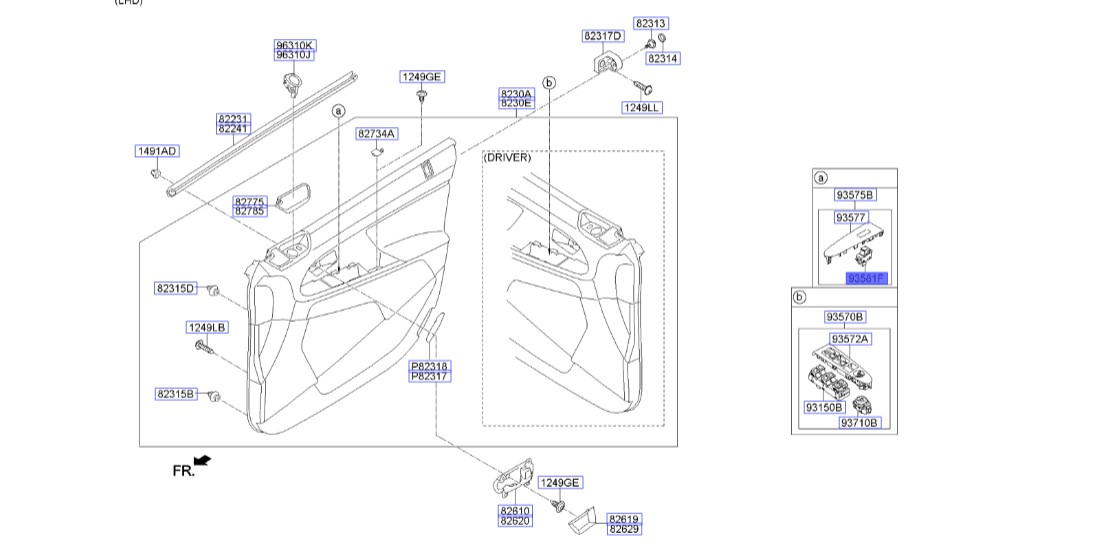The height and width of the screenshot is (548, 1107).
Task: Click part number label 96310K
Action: click(295, 45)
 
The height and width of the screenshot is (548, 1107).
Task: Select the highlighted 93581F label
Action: click(866, 278)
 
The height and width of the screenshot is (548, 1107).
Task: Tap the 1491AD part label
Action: click(156, 152)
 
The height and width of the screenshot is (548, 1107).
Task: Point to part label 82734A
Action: click(377, 133)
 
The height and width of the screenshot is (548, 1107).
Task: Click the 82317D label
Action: click(603, 36)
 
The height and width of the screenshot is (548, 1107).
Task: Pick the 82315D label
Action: click(176, 288)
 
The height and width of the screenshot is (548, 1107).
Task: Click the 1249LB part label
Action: click(207, 327)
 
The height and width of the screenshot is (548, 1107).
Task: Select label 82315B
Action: click(176, 394)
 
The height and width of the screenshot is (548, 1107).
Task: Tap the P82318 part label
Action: click(430, 367)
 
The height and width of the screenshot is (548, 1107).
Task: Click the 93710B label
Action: click(858, 423)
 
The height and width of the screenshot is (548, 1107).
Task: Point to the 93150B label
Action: click(824, 407)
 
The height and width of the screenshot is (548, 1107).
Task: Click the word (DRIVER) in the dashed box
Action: click(509, 158)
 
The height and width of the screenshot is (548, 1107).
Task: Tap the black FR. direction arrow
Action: click(203, 460)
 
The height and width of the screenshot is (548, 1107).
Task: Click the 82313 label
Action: click(651, 23)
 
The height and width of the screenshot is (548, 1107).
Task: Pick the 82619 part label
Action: click(624, 519)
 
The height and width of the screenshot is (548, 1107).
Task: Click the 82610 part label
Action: click(516, 510)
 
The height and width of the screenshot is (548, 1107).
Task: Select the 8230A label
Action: click(517, 93)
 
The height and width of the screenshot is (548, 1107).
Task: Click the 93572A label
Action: click(851, 339)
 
